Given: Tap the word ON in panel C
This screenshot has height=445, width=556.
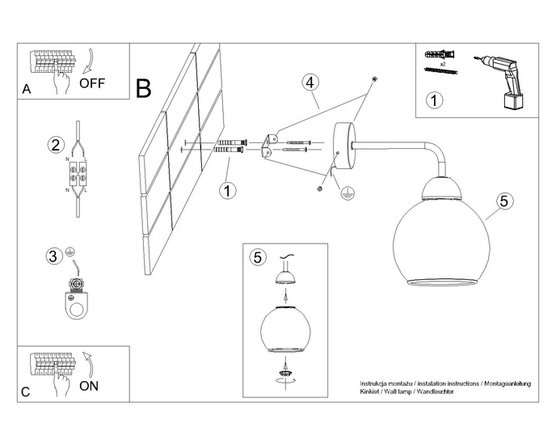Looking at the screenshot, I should point(90,386).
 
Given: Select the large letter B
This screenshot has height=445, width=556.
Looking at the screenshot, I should point(144,88).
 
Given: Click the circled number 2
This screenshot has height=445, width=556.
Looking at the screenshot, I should point(55,146).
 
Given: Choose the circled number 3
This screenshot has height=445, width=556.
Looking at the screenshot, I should point(53,257).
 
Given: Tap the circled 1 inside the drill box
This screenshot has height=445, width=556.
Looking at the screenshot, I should point(434,101).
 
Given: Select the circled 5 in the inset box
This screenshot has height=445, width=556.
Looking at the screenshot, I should point(258,257).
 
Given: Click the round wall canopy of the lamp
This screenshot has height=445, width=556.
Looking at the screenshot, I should point(343,147).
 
